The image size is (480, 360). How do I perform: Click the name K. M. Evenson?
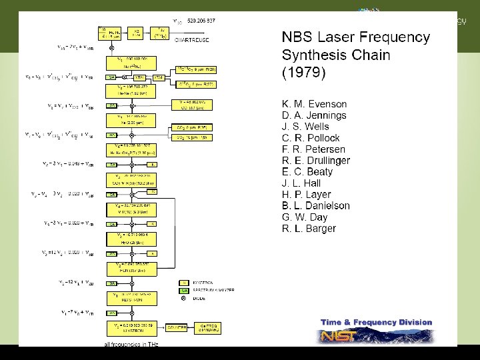point(315,104)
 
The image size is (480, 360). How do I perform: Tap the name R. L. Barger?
point(309,229)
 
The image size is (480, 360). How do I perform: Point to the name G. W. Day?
point(305,217)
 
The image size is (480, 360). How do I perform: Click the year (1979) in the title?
point(303,72)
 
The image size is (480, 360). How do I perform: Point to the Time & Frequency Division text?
point(376,323)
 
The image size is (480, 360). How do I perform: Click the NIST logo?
point(340,335)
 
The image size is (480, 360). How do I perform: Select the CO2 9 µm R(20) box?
point(195,69)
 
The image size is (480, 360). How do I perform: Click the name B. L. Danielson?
point(316,206)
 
